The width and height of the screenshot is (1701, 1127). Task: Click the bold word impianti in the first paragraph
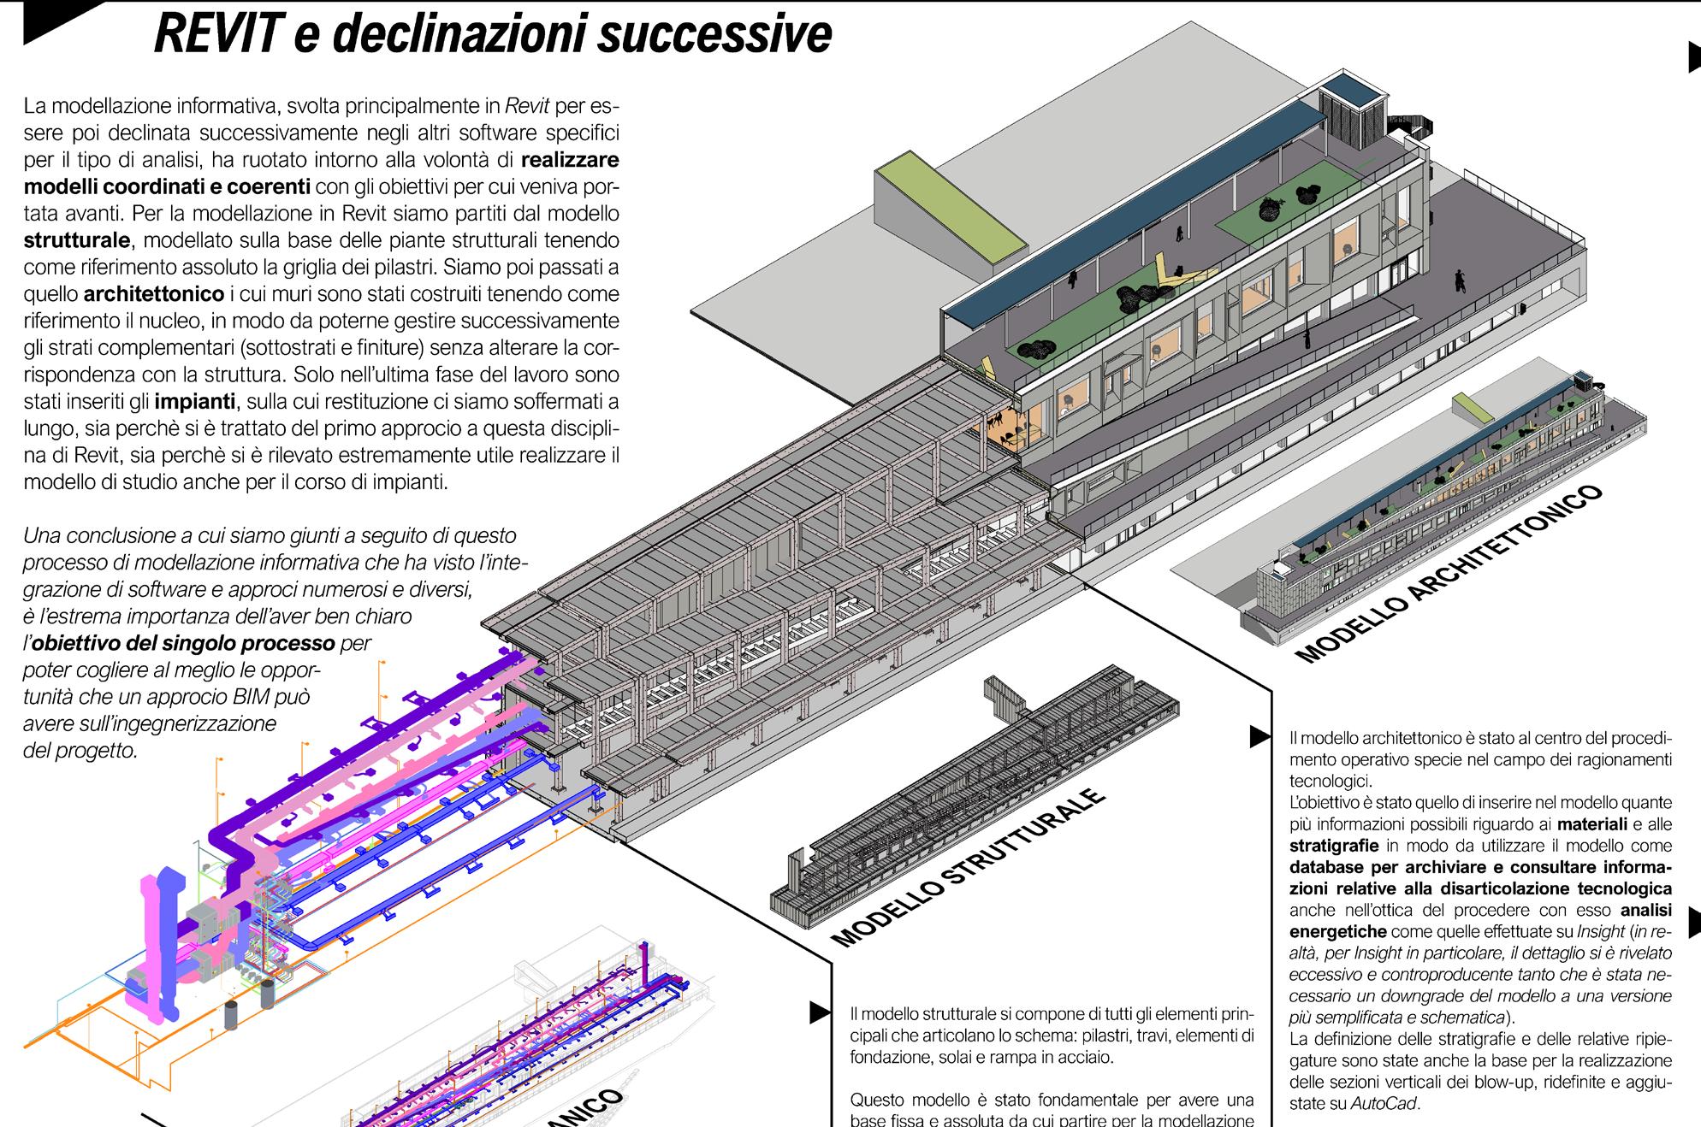[x=195, y=401]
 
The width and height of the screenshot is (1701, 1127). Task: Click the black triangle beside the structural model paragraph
[x=819, y=1013]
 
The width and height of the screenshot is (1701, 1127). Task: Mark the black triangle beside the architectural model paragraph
[x=1259, y=735]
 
